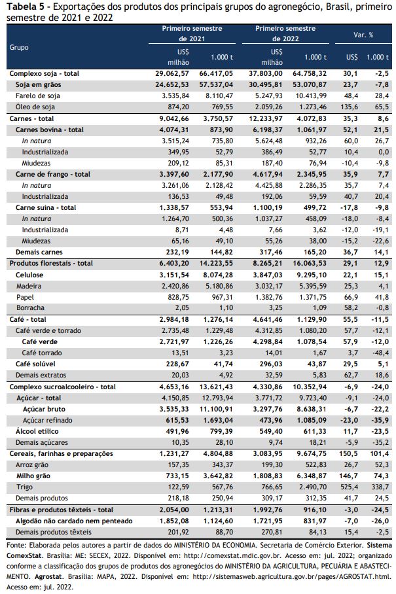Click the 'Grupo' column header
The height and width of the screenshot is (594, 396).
click(x=19, y=47)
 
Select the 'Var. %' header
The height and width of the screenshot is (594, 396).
click(x=363, y=35)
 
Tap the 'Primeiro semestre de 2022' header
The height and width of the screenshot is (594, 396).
click(x=285, y=33)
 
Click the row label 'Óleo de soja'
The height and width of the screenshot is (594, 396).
click(x=35, y=107)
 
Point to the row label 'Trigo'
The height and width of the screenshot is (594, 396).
click(x=25, y=487)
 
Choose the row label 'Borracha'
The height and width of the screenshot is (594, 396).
click(x=30, y=307)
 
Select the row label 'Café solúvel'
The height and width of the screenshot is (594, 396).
click(x=35, y=364)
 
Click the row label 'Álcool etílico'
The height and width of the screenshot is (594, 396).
click(x=37, y=431)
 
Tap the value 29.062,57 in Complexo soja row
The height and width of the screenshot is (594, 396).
click(x=171, y=73)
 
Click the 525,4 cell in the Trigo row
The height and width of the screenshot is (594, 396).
click(x=350, y=487)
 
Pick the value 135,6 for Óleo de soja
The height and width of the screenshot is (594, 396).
click(x=350, y=107)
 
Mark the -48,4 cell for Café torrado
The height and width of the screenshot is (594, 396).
click(x=380, y=353)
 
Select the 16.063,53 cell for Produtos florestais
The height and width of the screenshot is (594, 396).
click(x=310, y=263)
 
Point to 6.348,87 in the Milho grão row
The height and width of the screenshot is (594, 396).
click(x=312, y=476)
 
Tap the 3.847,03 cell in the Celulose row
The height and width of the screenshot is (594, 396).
click(x=268, y=275)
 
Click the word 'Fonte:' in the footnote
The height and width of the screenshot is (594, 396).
click(x=16, y=545)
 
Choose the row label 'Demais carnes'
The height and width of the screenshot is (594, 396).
click(x=39, y=252)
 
